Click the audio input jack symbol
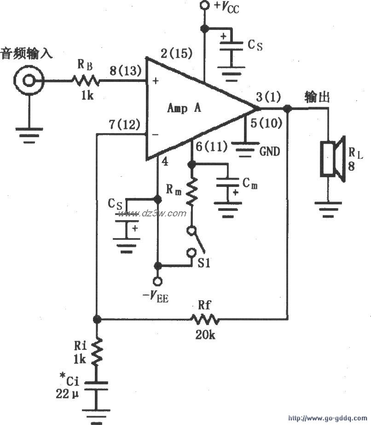coord(29,82)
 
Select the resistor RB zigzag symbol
coord(85,82)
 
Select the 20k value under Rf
coord(205,335)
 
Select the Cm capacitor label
coord(250,184)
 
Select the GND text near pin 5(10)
coord(269,151)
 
